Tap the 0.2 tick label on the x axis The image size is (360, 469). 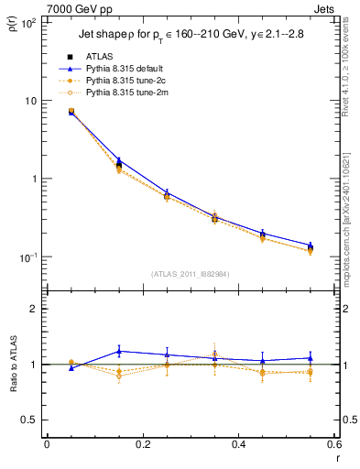pos(142,446)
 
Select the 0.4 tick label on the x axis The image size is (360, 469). pos(238,446)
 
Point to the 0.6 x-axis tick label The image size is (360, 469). pos(333,446)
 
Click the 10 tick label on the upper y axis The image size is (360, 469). pos(30,101)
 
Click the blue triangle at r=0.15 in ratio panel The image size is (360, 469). pos(119,351)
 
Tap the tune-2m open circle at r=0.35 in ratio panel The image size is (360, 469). pos(214,354)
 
